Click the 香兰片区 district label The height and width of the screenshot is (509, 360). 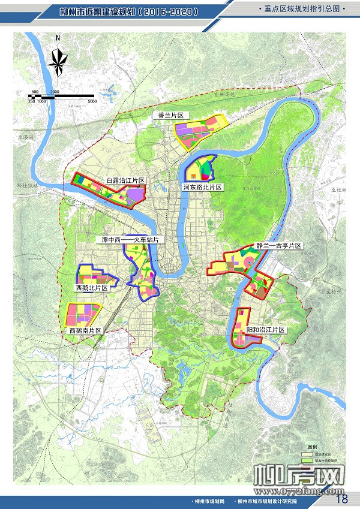coord(170,115)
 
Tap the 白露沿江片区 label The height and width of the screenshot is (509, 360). coord(126,180)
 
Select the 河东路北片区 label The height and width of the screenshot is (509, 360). coord(203,188)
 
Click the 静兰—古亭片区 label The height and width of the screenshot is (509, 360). coord(277,246)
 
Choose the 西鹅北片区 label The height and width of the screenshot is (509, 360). coord(92,288)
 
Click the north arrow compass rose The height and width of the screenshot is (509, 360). coord(58,59)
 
